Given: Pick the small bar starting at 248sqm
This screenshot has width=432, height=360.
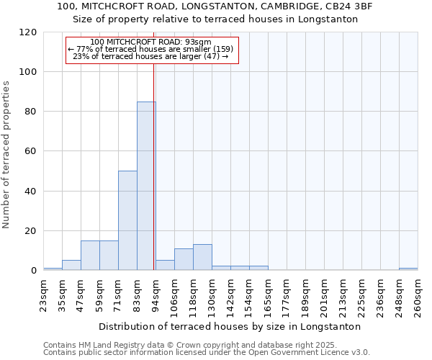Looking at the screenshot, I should click(408, 269).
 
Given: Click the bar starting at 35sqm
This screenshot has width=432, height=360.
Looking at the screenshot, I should click(71, 265).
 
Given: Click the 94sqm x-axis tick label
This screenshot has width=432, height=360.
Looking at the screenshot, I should click(156, 294).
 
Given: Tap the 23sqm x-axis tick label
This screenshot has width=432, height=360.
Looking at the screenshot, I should click(43, 294).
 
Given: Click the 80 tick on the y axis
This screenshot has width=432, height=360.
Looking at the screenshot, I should click(32, 112).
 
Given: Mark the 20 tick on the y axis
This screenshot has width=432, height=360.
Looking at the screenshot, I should click(32, 231).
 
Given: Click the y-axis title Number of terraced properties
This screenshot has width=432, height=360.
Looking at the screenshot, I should click(7, 155).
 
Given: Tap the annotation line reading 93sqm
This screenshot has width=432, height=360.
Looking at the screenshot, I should click(151, 42).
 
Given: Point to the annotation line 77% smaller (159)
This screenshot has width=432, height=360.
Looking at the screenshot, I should click(150, 49).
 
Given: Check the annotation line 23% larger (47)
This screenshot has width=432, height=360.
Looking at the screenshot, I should click(150, 56).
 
